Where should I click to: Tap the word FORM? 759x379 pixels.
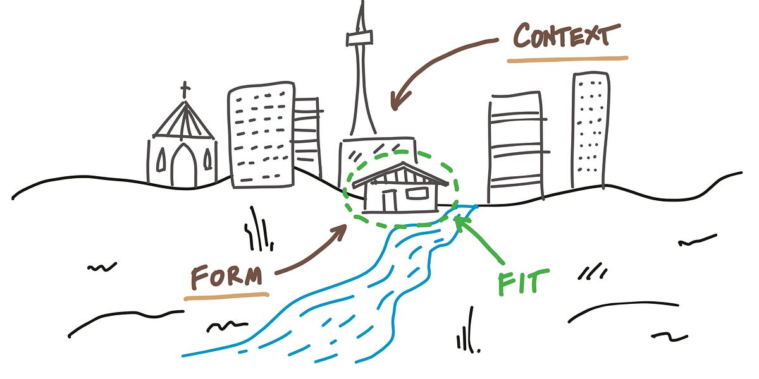click(226, 277)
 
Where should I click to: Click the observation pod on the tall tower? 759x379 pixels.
click(360, 39)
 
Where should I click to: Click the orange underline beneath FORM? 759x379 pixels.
click(226, 294)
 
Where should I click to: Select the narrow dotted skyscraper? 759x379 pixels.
click(591, 129)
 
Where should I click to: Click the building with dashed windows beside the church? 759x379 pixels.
click(261, 136)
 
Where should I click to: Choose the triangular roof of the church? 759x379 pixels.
click(184, 121)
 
